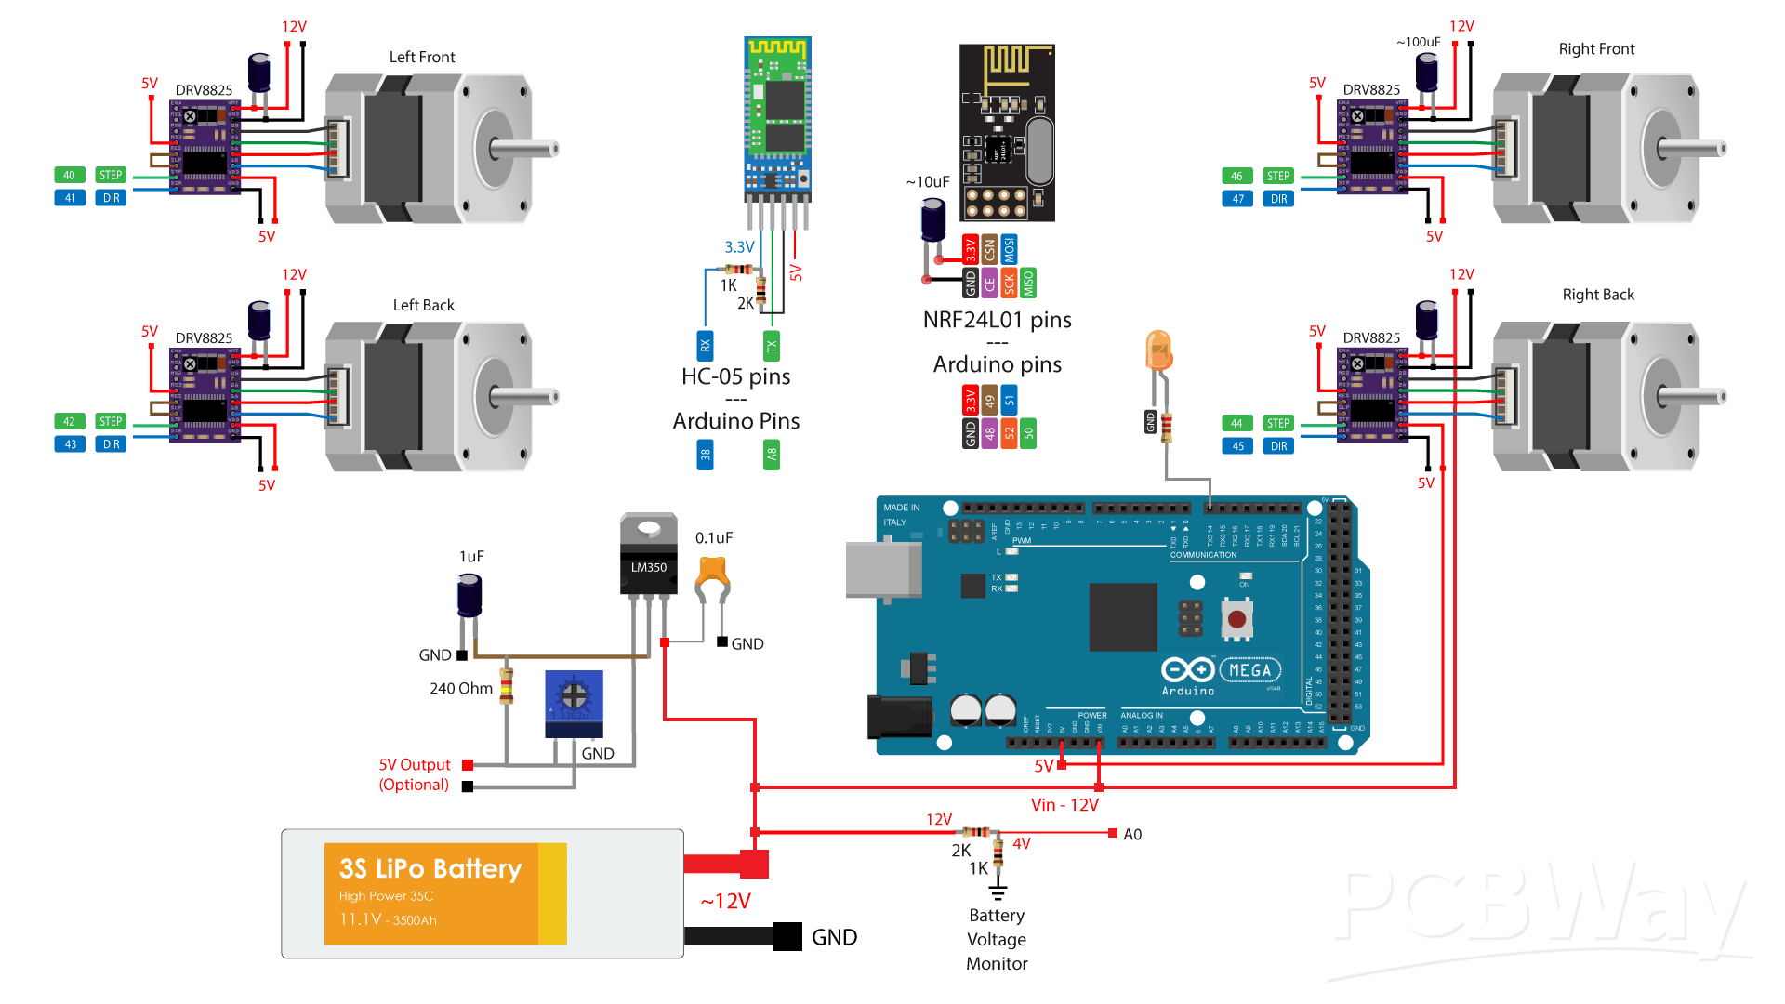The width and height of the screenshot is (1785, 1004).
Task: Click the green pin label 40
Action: pyautogui.click(x=69, y=175)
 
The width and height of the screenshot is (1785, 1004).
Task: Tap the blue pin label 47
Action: pyautogui.click(x=1237, y=199)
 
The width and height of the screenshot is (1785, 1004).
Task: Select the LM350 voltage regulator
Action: pyautogui.click(x=649, y=557)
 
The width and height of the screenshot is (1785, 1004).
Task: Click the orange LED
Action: pyautogui.click(x=1158, y=350)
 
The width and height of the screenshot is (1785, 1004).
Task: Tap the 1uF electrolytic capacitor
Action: pyautogui.click(x=469, y=595)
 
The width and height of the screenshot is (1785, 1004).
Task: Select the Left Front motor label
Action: pyautogui.click(x=422, y=58)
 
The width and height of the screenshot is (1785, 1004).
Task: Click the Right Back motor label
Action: pyautogui.click(x=1597, y=295)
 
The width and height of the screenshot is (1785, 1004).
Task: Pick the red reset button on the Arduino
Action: pyautogui.click(x=1236, y=619)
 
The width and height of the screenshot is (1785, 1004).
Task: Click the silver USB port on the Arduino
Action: pyautogui.click(x=882, y=569)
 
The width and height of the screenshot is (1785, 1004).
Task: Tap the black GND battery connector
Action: pyautogui.click(x=787, y=936)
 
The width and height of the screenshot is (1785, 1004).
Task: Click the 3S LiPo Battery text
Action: pyautogui.click(x=430, y=868)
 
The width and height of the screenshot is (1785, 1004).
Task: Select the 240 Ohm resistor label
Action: pyautogui.click(x=461, y=689)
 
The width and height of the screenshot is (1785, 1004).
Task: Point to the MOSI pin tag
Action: pyautogui.click(x=1009, y=249)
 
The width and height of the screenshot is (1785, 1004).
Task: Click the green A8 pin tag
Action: pyautogui.click(x=771, y=455)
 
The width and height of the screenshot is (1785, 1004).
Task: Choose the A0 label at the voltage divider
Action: pyautogui.click(x=1132, y=835)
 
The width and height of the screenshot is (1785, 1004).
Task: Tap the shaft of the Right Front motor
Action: pyautogui.click(x=1692, y=149)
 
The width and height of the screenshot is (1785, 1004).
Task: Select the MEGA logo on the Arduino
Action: pyautogui.click(x=1249, y=670)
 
